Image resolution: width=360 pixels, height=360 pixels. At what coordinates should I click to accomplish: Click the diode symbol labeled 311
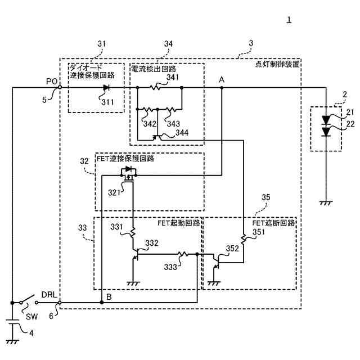pyautogui.click(x=106, y=88)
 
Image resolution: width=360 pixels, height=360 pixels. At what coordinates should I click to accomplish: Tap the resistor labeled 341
pyautogui.click(x=156, y=88)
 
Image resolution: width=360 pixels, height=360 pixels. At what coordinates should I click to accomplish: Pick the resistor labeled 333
pyautogui.click(x=181, y=254)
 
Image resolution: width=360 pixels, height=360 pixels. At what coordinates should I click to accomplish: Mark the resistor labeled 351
pyautogui.click(x=243, y=240)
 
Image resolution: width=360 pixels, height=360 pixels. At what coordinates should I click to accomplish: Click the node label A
pyautogui.click(x=222, y=80)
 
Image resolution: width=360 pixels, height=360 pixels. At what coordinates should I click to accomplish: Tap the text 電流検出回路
pyautogui.click(x=152, y=69)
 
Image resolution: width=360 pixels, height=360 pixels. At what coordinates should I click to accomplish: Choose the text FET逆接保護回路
pyautogui.click(x=125, y=159)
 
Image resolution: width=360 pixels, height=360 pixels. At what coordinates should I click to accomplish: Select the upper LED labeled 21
pyautogui.click(x=326, y=120)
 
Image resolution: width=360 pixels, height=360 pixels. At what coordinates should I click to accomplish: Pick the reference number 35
pyautogui.click(x=267, y=197)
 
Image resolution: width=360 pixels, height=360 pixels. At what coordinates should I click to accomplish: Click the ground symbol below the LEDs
pyautogui.click(x=326, y=203)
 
